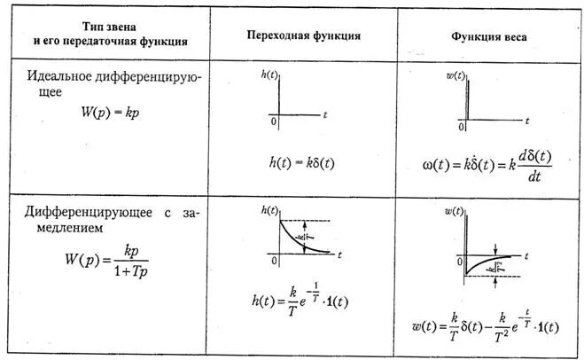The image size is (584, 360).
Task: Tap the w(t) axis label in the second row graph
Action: pyautogui.click(x=453, y=211)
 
